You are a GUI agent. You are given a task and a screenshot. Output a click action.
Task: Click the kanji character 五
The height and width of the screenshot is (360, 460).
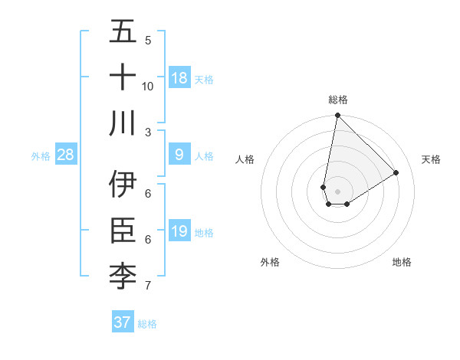point(123,33)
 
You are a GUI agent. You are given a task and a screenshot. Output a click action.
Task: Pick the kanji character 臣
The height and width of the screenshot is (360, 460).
point(123,231)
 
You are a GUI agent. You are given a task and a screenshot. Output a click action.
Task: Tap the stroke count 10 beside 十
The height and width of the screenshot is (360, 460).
point(148,86)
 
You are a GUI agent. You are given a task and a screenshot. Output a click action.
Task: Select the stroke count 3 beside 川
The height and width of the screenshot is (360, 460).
point(148,132)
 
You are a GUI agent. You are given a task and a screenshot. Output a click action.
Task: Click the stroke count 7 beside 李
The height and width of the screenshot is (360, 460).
point(148,286)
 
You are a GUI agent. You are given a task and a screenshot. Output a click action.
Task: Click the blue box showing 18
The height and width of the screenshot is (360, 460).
point(179,78)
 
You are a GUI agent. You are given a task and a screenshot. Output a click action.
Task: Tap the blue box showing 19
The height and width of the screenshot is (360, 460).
point(179,231)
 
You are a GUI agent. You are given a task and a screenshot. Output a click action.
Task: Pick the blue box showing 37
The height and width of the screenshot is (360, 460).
point(123,322)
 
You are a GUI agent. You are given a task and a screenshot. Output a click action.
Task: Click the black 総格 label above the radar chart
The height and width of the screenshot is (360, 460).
point(338,100)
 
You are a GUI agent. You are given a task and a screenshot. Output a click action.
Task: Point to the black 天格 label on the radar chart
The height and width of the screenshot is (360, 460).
point(432,159)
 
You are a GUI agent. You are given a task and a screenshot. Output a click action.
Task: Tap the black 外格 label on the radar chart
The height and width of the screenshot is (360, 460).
point(270,262)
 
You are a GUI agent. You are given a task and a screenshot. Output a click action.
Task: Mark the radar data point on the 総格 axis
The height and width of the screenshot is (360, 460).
point(337,116)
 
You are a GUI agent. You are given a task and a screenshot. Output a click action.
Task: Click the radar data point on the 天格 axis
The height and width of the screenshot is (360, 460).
point(396,173)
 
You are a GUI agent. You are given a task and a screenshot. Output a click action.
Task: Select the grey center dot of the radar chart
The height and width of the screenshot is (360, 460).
point(337,191)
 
